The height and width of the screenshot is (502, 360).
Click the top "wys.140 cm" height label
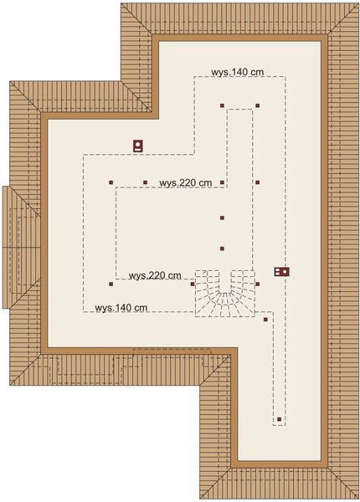238,73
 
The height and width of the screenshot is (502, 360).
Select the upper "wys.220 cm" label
185,182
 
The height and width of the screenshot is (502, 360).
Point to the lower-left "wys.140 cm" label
121,307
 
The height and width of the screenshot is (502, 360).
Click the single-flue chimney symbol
138,146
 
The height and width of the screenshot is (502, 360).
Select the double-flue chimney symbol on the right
283,271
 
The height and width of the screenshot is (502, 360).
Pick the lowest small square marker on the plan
279,419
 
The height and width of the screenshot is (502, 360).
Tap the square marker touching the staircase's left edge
193,284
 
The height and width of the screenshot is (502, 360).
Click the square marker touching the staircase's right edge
257,284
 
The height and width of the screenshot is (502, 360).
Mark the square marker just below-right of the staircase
265,319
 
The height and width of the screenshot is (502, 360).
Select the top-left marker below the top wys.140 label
222,105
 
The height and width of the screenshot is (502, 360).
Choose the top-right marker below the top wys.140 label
257,105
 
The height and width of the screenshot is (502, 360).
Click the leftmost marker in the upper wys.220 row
110,182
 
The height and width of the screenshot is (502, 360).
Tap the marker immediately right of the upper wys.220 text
222,182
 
